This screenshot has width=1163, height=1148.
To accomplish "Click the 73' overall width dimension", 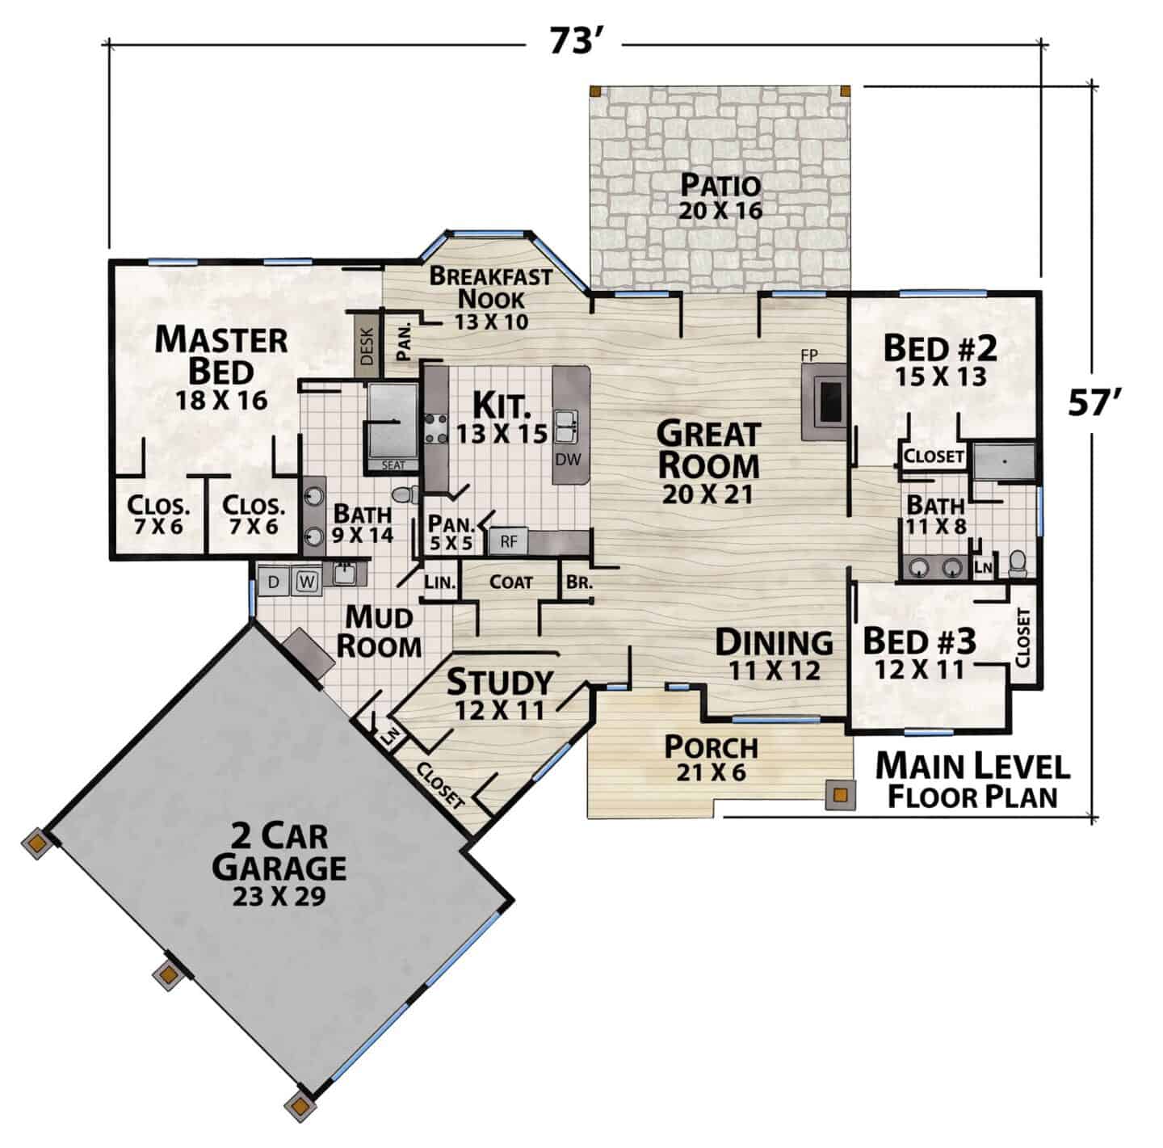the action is pyautogui.click(x=577, y=42).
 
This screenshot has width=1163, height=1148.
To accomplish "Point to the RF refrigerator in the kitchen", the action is pyautogui.click(x=509, y=542).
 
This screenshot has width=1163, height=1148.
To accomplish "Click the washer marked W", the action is pyautogui.click(x=307, y=582).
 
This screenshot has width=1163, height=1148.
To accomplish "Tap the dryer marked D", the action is pyautogui.click(x=274, y=582).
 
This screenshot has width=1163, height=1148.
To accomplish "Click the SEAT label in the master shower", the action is pyautogui.click(x=393, y=465).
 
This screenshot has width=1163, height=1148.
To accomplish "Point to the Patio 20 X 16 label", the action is pyautogui.click(x=720, y=197).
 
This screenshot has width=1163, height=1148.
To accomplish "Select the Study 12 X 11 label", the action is pyautogui.click(x=500, y=695).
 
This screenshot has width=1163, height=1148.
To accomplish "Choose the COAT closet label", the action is pyautogui.click(x=510, y=582).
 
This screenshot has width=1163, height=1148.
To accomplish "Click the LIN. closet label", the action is pyautogui.click(x=439, y=582).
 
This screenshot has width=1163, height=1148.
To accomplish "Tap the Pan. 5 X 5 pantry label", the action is pyautogui.click(x=451, y=532).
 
